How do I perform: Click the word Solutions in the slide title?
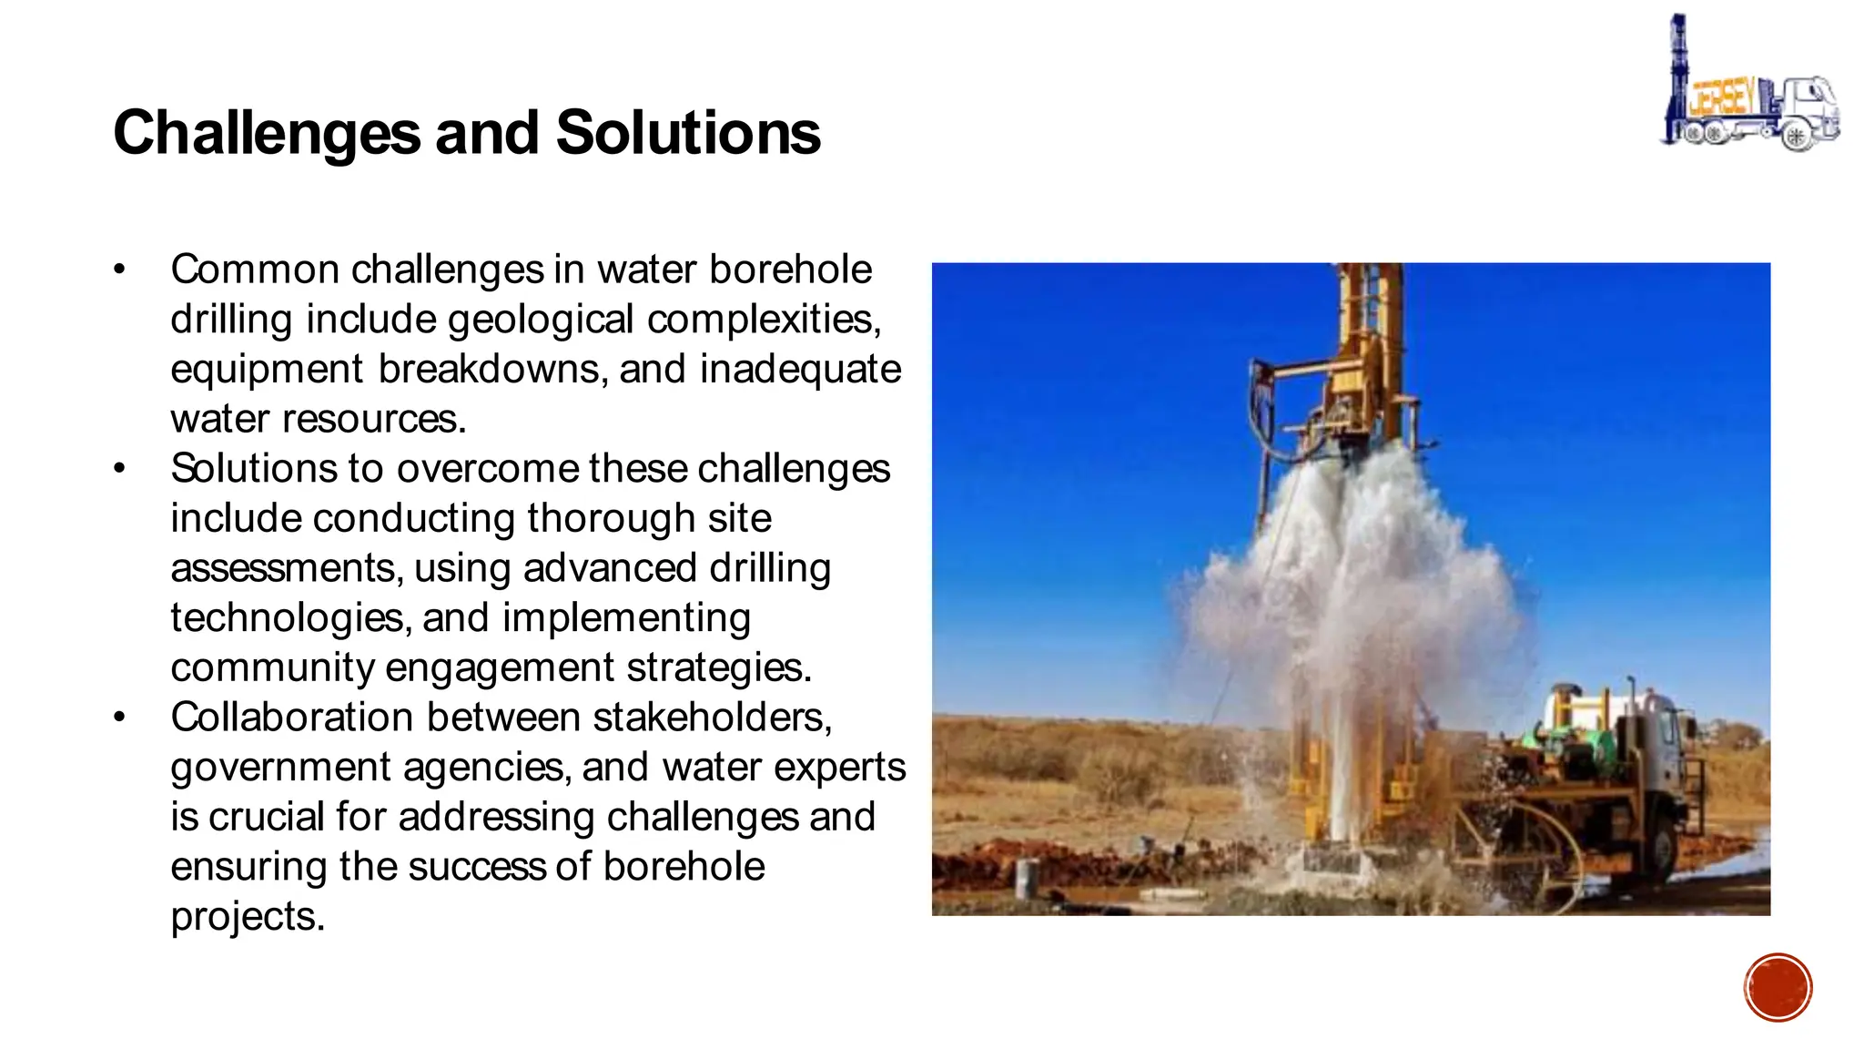[x=688, y=133]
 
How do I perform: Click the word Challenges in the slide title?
[x=267, y=133]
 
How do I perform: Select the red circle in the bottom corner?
[x=1778, y=987]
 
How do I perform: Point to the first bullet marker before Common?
[x=118, y=270]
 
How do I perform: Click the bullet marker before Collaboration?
[x=118, y=718]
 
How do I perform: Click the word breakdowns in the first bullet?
[x=493, y=369]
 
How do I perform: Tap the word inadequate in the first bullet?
[x=800, y=369]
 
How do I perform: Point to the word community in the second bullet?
[x=272, y=667]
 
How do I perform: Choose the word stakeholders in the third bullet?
[x=712, y=718]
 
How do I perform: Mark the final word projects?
[x=248, y=916]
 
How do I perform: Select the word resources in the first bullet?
[x=374, y=419]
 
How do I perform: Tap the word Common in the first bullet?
[x=255, y=270]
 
